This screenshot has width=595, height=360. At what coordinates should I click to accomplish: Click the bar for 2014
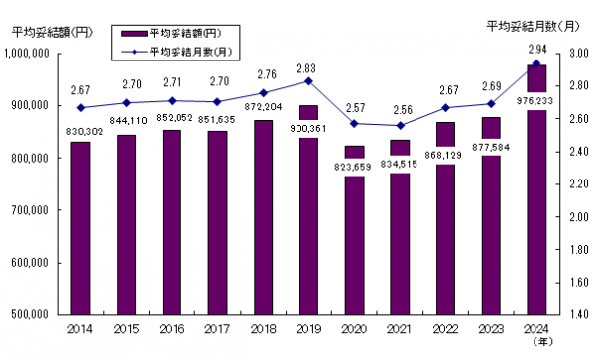(x=80, y=228)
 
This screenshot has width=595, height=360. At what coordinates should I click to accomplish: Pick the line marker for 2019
(x=309, y=80)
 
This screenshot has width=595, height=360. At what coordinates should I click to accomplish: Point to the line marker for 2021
(x=401, y=126)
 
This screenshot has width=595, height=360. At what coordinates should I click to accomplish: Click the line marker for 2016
(x=172, y=100)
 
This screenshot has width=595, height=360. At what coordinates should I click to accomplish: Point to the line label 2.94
(x=536, y=49)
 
